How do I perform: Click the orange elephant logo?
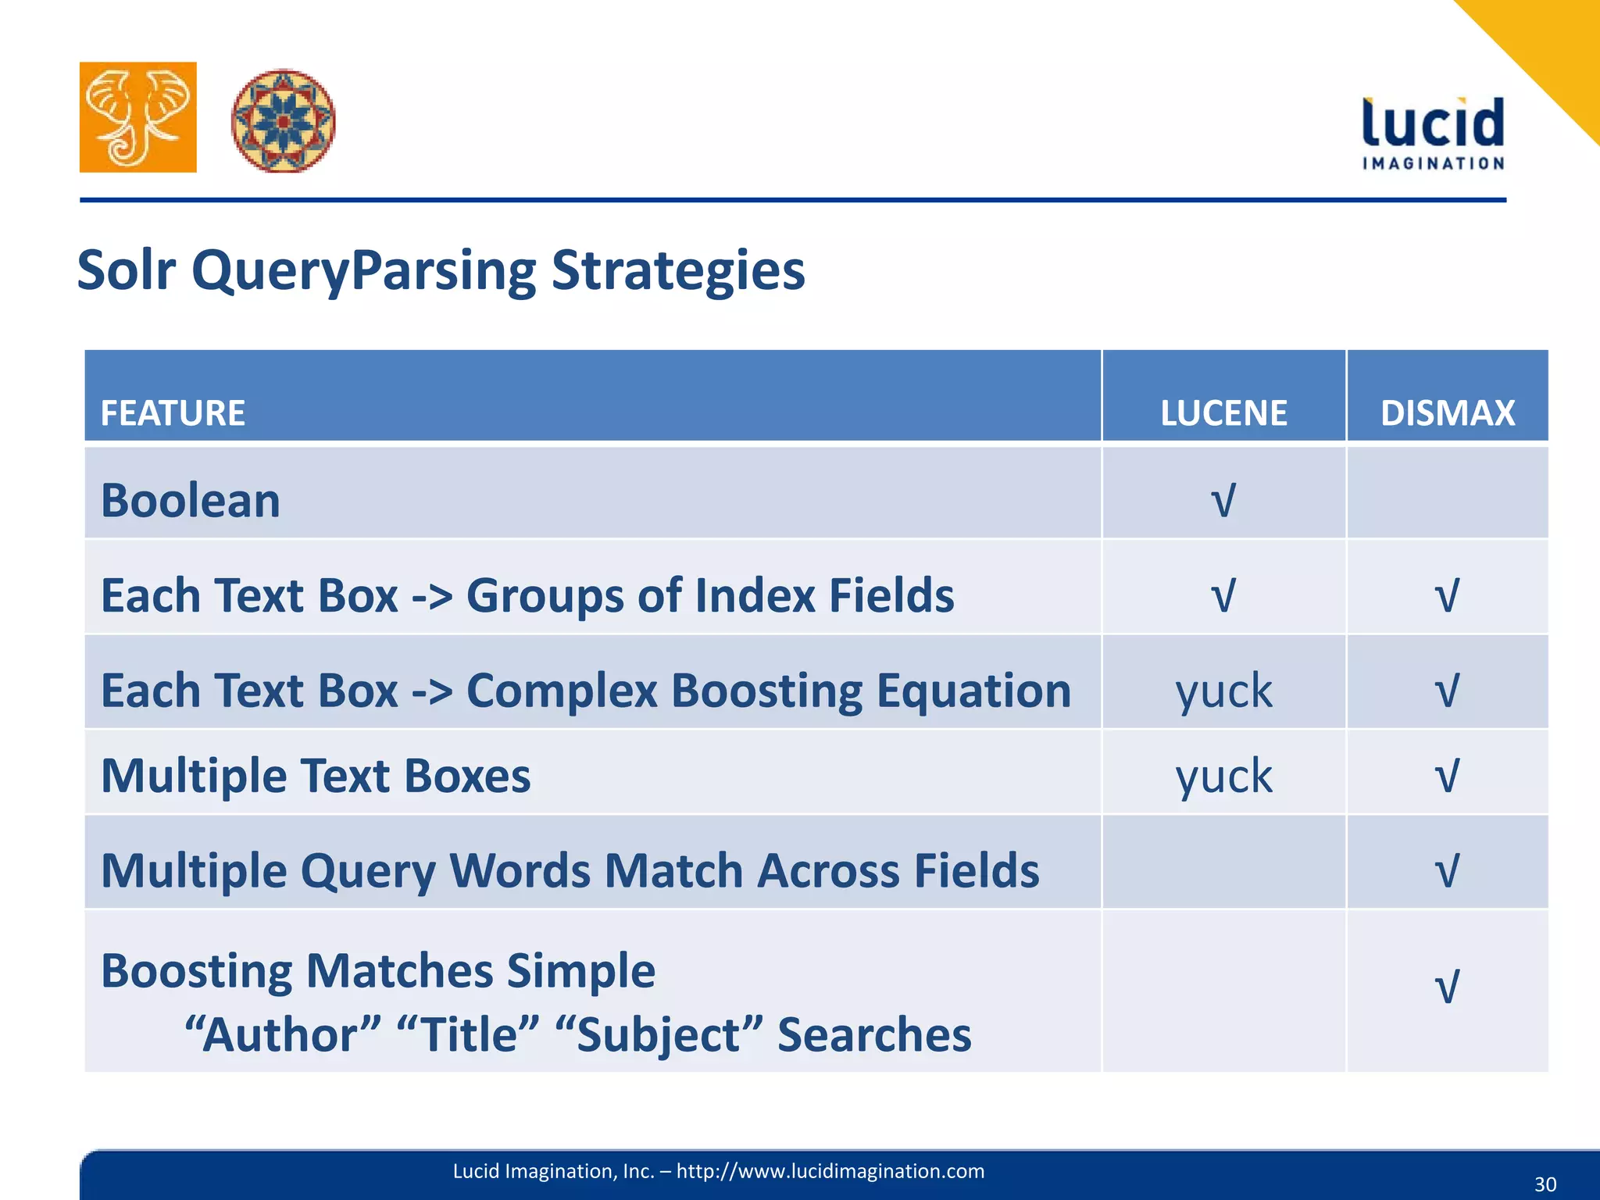pos(137,117)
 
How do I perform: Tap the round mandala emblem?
pos(283,120)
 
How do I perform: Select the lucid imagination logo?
pos(1433,133)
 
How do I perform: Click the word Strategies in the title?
pos(678,270)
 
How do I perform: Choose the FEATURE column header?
pos(173,412)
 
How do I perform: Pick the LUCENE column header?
pos(1223,412)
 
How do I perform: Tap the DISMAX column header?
pos(1447,412)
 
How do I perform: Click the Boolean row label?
pos(191,500)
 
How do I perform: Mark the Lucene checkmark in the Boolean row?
pos(1223,500)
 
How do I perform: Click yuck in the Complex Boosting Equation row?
pos(1223,691)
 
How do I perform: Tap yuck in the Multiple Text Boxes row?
pos(1223,776)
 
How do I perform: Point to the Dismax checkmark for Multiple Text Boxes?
pos(1447,776)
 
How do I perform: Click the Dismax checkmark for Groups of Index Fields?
pos(1447,595)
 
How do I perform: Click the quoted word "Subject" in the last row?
pos(659,1034)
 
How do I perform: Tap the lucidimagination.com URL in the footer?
pos(830,1171)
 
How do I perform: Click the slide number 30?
pos(1545,1184)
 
